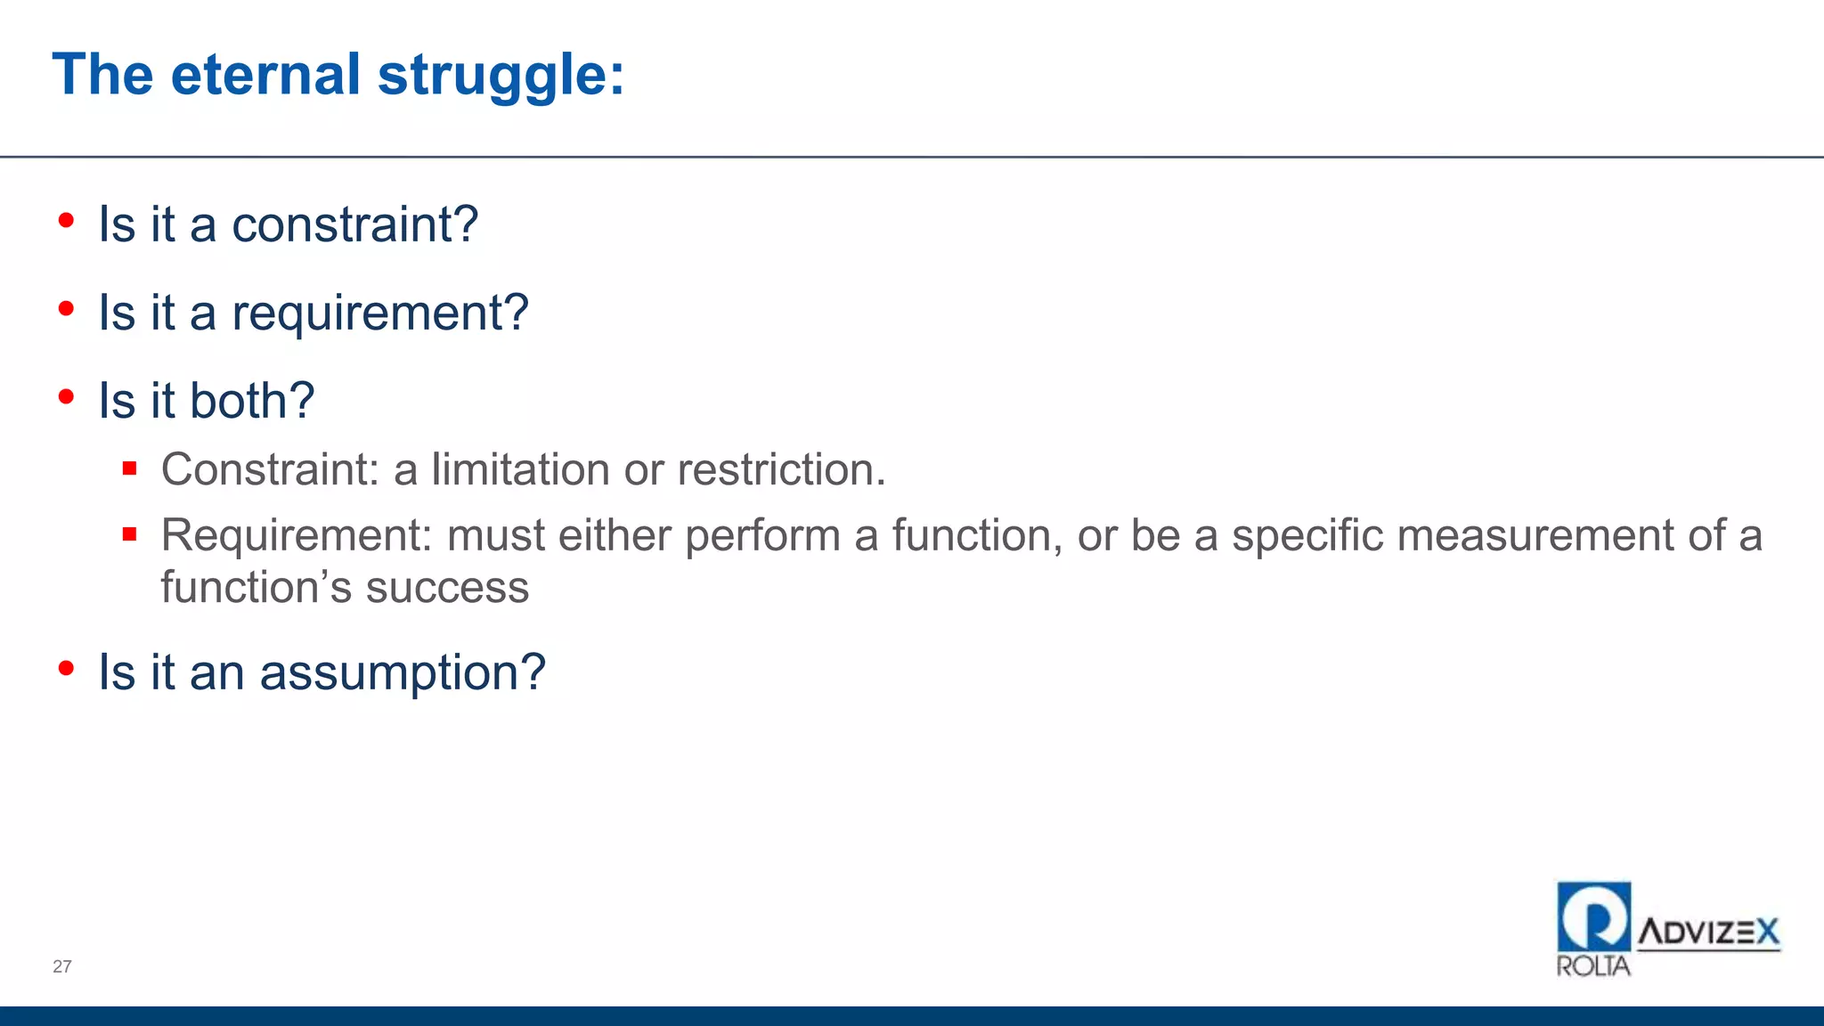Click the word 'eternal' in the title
pyautogui.click(x=265, y=75)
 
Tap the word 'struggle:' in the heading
pyautogui.click(x=501, y=77)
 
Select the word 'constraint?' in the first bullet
pyautogui.click(x=354, y=224)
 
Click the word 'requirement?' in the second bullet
pyautogui.click(x=380, y=313)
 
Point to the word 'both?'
pyautogui.click(x=252, y=401)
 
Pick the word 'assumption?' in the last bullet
pyautogui.click(x=403, y=672)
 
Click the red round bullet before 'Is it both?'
pyautogui.click(x=66, y=397)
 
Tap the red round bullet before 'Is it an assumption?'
pyautogui.click(x=66, y=668)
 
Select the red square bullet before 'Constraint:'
pyautogui.click(x=130, y=468)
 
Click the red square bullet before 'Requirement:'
pyautogui.click(x=130, y=534)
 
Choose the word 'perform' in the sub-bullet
pyautogui.click(x=762, y=536)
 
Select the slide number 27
pyautogui.click(x=62, y=966)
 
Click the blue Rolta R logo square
pyautogui.click(x=1594, y=916)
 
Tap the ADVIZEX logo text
pyautogui.click(x=1708, y=932)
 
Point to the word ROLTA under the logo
pyautogui.click(x=1593, y=966)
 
